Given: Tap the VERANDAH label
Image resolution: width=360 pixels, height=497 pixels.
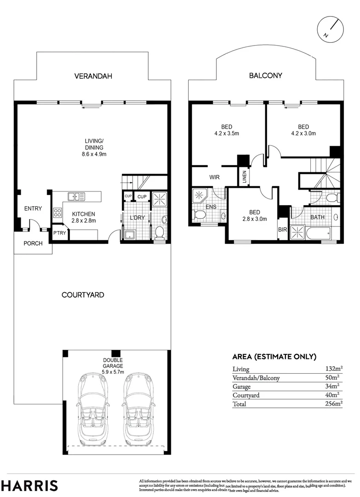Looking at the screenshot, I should (93, 76).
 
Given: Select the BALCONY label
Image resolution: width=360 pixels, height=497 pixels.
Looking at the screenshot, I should (266, 75).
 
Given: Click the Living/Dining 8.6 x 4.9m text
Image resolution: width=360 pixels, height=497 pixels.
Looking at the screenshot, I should (94, 147).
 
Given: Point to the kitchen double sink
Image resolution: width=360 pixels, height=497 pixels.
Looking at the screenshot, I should (76, 197).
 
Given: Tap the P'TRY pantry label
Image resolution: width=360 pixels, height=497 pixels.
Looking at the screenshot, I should (59, 233).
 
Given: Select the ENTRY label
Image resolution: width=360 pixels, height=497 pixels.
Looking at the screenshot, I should (33, 209).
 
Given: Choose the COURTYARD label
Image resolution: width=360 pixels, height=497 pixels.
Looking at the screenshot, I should (83, 295).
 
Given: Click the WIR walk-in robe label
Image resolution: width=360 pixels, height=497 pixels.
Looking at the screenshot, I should (214, 177).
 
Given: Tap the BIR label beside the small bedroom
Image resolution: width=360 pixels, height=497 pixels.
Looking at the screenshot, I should (282, 228).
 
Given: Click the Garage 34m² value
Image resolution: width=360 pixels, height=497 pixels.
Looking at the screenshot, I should (332, 386).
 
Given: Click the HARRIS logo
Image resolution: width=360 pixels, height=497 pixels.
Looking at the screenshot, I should (29, 485).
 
